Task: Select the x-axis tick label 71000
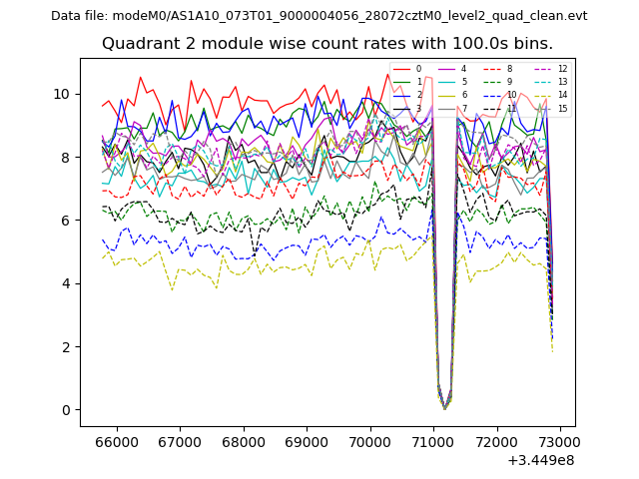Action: (x=433, y=441)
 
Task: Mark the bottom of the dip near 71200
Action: (x=445, y=408)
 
